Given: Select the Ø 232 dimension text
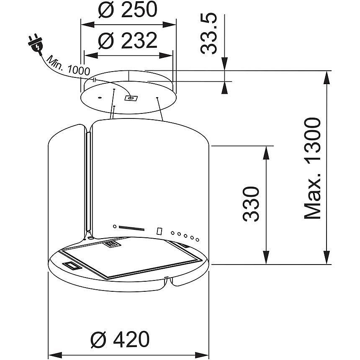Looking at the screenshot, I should tap(127, 41).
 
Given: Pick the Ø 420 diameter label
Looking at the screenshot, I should tap(120, 339).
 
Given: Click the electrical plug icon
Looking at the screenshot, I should tap(36, 44).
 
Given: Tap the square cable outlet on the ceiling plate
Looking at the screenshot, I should tap(131, 98).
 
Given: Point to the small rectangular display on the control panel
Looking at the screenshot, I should tap(159, 231).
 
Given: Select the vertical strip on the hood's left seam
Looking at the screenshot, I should tap(88, 182).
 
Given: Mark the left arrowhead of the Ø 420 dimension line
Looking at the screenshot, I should tap(54, 352).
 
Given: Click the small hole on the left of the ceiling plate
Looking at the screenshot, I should tap(99, 98).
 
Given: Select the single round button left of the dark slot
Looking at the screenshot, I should tap(114, 226).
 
